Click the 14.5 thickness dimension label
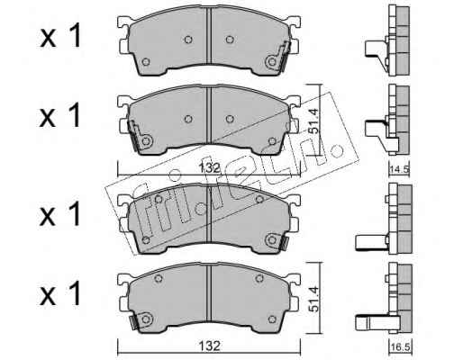399,170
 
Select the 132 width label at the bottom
209,346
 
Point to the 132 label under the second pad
209,168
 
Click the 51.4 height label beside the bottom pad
313,299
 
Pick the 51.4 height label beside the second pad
314,121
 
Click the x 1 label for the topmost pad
60,37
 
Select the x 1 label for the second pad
60,116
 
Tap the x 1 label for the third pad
60,214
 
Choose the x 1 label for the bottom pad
60,293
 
